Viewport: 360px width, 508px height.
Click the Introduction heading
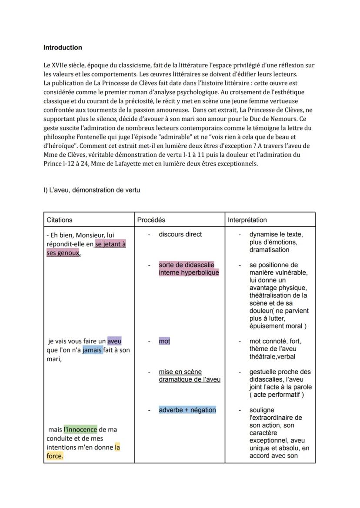click(x=63, y=47)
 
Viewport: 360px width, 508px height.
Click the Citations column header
click(x=60, y=220)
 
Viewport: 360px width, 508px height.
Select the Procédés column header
click(x=151, y=220)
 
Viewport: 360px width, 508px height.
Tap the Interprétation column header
click(x=247, y=220)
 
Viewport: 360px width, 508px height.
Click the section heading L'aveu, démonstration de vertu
click(x=91, y=190)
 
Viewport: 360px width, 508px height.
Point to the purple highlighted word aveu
click(x=114, y=341)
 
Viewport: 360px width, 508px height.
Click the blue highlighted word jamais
click(x=93, y=350)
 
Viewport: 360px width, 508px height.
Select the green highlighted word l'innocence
click(x=80, y=429)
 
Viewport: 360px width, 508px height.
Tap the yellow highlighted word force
click(x=55, y=456)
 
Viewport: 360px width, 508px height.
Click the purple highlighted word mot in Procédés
click(x=164, y=341)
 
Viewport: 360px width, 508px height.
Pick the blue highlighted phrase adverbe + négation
click(x=187, y=410)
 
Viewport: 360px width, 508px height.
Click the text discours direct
click(x=180, y=234)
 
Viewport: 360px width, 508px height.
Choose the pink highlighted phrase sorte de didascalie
click(x=187, y=265)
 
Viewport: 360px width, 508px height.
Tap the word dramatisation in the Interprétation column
click(x=269, y=250)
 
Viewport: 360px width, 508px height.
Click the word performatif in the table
click(x=287, y=395)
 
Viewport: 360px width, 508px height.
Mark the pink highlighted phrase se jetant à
click(x=110, y=244)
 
